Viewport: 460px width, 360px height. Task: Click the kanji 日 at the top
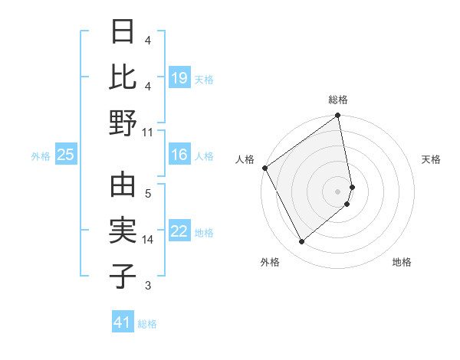point(123,32)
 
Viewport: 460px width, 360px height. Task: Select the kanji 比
point(123,77)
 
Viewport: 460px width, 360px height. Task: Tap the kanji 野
point(123,123)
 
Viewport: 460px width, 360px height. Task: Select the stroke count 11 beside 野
point(148,132)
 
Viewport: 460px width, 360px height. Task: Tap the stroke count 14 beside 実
point(148,240)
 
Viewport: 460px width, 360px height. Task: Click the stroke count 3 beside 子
point(148,286)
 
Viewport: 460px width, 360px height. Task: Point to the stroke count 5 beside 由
point(148,194)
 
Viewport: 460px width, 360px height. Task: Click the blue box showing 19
point(179,78)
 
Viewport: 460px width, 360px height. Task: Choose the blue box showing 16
point(179,155)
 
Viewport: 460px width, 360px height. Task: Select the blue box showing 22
point(179,231)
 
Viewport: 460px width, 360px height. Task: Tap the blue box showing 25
point(66,155)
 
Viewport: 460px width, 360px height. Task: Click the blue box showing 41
point(123,322)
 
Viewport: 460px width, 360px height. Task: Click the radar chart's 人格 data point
point(264,168)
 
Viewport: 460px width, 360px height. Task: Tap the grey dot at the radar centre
point(338,191)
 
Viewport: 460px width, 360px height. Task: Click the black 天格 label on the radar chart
point(431,159)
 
